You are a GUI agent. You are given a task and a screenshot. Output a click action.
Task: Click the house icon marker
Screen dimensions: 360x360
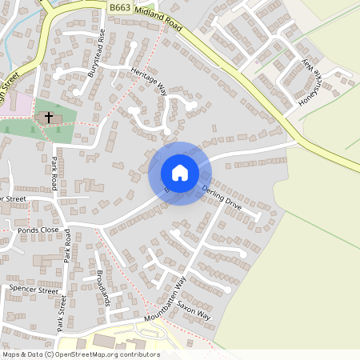point(179,173)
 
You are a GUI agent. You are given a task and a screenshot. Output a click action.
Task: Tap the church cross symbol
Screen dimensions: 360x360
point(48,117)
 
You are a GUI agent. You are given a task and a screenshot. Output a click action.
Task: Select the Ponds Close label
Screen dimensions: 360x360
point(38,230)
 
